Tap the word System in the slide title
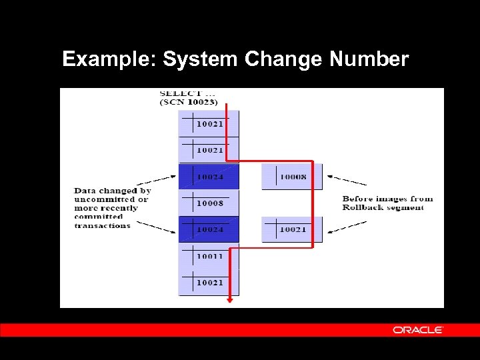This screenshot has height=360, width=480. coord(200,60)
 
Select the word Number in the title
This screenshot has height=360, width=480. coord(369,60)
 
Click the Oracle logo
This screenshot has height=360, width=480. coord(418,330)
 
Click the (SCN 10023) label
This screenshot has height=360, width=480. coord(189,101)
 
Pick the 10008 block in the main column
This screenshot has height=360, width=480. coord(209,203)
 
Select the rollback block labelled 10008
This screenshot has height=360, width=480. coord(291,177)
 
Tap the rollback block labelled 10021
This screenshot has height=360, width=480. coord(291,229)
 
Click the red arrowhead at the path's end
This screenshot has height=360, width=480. coord(231,300)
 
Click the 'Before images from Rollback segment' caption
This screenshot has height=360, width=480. coord(387,203)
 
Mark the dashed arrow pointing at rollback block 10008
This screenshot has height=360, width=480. coord(347,181)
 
